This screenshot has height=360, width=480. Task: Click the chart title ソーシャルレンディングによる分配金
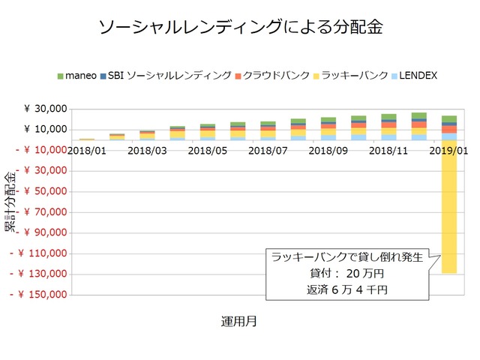240,28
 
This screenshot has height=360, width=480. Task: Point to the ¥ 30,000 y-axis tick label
46,109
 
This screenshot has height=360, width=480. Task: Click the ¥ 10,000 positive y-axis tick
46,130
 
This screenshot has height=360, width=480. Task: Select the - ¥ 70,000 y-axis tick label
42,212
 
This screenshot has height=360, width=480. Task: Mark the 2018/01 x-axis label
88,150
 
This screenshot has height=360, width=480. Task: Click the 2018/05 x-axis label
208,150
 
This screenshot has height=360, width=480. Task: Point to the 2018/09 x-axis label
328,150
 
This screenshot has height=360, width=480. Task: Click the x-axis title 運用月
239,321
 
